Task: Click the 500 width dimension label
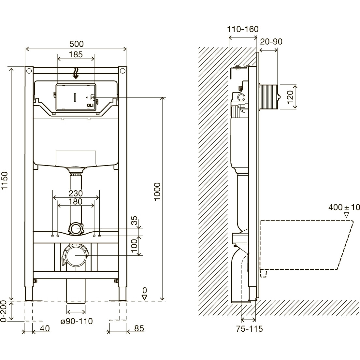[77, 44]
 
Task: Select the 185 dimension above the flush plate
[76, 54]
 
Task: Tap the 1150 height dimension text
[5, 181]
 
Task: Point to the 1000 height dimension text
[157, 192]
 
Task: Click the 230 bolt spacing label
[76, 193]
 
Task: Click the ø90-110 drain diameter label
[77, 321]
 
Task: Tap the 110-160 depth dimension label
[243, 29]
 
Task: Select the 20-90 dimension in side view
[271, 42]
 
